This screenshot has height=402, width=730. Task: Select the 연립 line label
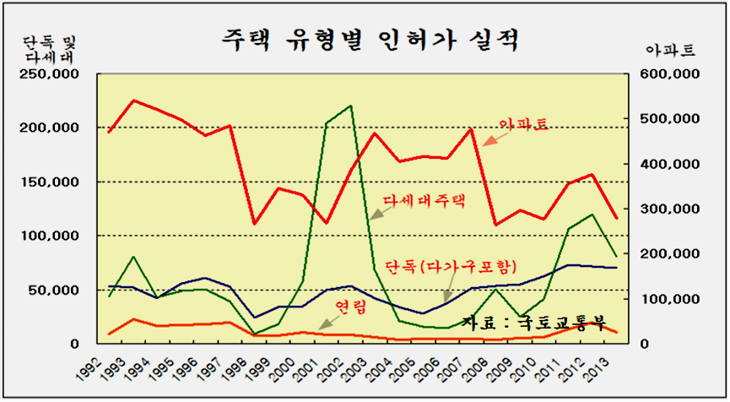click(351, 308)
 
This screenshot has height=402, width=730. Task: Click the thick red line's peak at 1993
click(133, 100)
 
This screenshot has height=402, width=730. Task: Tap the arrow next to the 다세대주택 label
click(375, 211)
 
